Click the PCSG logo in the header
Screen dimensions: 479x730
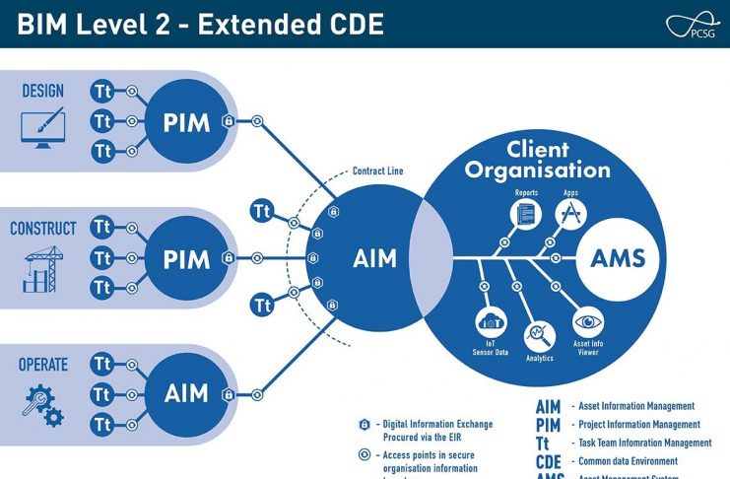[x=693, y=25]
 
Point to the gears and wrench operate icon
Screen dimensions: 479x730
[x=42, y=405]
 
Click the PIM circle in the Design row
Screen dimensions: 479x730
[x=186, y=122]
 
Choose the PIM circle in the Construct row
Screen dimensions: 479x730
[x=186, y=259]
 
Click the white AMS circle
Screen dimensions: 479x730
[x=618, y=258]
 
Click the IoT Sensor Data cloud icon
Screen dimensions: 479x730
[x=490, y=321]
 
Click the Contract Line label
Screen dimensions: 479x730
[x=377, y=171]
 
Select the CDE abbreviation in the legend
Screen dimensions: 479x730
[x=549, y=462]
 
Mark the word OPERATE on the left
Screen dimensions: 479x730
[x=42, y=365]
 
